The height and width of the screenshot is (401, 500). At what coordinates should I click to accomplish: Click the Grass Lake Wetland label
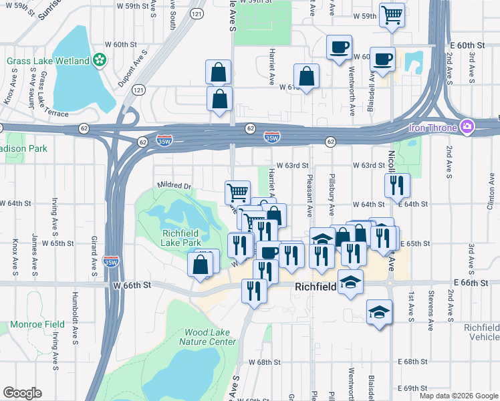(x=48, y=61)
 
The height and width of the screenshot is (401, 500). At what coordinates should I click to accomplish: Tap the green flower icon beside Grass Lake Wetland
(x=100, y=61)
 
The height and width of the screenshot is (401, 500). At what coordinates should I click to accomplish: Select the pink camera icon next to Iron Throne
(x=467, y=127)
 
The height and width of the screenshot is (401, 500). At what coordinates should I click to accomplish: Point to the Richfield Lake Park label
(x=172, y=238)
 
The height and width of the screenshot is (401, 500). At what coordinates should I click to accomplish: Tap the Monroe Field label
(x=37, y=324)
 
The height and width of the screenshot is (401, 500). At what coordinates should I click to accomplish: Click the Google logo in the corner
(x=22, y=393)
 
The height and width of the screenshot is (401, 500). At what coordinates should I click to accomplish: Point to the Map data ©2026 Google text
(x=458, y=396)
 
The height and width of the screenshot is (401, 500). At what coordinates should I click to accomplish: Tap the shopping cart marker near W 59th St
(x=392, y=14)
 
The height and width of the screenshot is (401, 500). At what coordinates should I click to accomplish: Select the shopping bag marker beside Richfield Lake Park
(x=201, y=264)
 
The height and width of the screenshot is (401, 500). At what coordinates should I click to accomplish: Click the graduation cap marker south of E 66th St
(x=379, y=312)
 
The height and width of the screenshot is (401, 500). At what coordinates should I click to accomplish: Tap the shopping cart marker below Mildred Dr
(x=237, y=193)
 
